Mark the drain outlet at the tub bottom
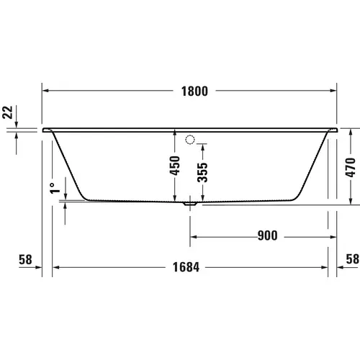pos(189,204)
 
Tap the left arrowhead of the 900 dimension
pos(194,235)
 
